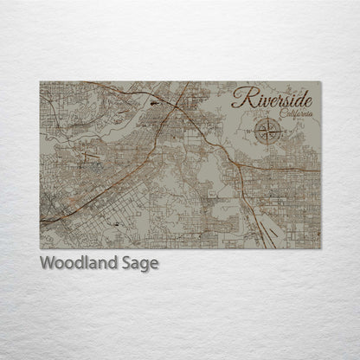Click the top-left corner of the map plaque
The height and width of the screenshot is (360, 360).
(x=41, y=82)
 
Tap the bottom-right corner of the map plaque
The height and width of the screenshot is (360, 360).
(x=320, y=248)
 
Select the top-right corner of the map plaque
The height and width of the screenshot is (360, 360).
(x=320, y=82)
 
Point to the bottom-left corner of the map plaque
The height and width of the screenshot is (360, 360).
(x=41, y=248)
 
